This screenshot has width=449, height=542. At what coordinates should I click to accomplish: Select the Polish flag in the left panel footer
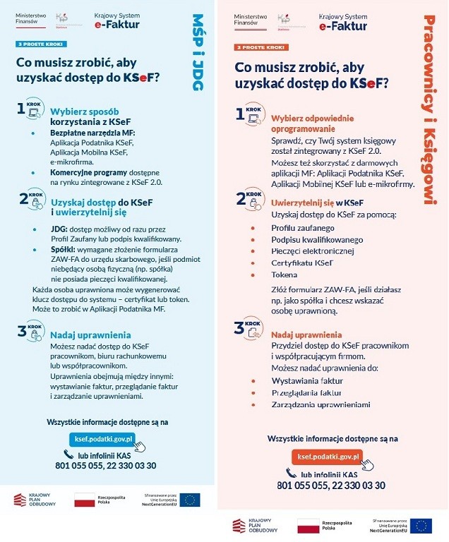(x=85, y=500)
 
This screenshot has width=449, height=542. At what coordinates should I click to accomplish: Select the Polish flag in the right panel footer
(x=308, y=525)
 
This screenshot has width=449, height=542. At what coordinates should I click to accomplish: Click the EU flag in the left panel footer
(x=190, y=500)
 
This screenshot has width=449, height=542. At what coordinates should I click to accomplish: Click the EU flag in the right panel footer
(x=421, y=525)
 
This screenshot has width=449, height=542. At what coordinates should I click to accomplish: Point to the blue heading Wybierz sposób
(x=84, y=112)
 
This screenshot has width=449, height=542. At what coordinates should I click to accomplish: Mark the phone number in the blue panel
(x=105, y=466)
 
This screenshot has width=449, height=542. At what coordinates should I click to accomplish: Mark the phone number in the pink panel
(x=331, y=486)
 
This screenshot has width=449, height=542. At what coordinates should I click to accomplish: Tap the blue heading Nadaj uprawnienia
(x=90, y=335)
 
